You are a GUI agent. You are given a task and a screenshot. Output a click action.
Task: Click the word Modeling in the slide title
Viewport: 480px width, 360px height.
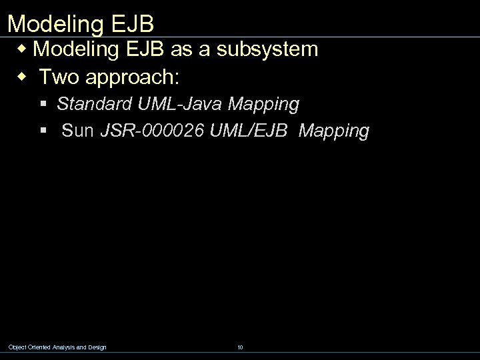coord(54,24)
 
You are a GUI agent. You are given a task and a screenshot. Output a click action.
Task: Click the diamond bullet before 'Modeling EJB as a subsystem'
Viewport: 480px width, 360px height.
coord(25,49)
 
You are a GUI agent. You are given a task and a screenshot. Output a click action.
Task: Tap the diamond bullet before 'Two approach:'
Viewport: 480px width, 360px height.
coord(25,77)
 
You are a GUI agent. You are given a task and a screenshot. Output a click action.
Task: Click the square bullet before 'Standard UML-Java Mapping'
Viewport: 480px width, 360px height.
coord(43,105)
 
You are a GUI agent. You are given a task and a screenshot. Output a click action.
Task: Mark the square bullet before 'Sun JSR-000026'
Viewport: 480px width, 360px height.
coord(43,131)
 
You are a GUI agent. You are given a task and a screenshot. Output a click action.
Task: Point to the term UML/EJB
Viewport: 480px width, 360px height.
coord(248,131)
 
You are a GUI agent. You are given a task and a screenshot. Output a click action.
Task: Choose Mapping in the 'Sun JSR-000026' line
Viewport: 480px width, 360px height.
coord(333,131)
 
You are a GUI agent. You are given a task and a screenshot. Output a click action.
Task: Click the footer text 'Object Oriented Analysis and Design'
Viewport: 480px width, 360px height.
coord(57,347)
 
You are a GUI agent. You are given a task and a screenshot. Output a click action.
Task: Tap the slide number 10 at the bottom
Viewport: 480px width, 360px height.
coord(239,347)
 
